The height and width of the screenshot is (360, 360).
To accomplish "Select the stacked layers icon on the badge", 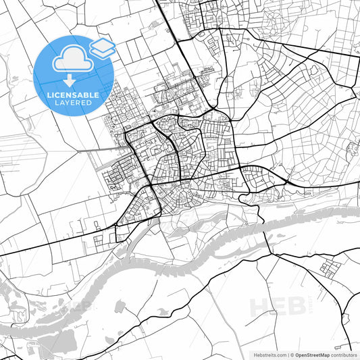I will pos(102,47).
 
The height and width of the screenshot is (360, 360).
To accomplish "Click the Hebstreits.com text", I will pos(269,355).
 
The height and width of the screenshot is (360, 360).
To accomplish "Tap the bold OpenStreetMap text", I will pos(312,355).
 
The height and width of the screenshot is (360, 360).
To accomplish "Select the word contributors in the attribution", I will pos(344,355).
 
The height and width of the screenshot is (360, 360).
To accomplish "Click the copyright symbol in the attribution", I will pos(292,355).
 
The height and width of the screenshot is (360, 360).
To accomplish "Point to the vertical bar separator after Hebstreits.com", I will pos(287,355).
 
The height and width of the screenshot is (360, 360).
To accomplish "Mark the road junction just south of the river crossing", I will pos(272,255).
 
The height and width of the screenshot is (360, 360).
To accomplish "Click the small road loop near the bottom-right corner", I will pos(346,317).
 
